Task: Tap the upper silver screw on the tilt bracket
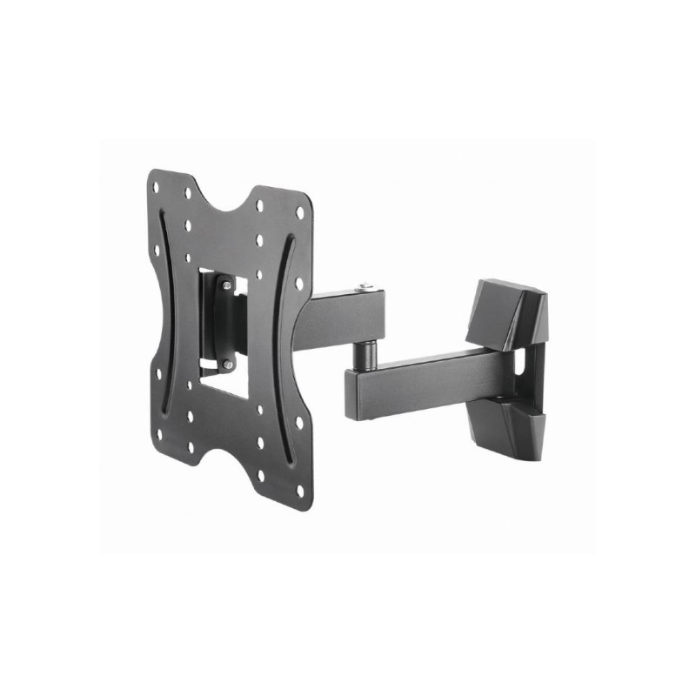pos(225,283)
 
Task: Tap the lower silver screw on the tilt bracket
pos(227,365)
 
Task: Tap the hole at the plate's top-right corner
pos(300,212)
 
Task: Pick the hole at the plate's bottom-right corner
pos(301,491)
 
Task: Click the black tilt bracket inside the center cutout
pos(224,322)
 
